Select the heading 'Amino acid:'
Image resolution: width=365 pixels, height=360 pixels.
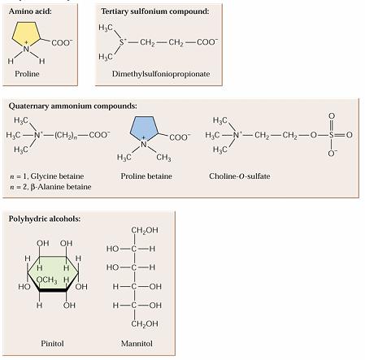coord(30,11)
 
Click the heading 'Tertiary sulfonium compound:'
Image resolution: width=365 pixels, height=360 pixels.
coord(155,11)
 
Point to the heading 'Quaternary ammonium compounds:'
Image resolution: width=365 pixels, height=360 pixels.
coord(72,106)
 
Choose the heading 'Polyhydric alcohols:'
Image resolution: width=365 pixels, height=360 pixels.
coord(45,219)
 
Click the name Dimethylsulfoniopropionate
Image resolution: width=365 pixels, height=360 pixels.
coord(161,74)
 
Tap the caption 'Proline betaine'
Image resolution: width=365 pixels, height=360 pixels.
coord(146,176)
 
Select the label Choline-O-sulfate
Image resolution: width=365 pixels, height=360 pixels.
coord(240,176)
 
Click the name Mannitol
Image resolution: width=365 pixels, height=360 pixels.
coord(137,344)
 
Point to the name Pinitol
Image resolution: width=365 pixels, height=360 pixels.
coord(52,344)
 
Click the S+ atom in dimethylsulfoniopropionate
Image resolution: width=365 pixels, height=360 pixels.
coord(123,42)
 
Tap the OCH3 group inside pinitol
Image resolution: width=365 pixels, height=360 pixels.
coord(46,280)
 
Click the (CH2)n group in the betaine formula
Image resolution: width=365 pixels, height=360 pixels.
coord(66,135)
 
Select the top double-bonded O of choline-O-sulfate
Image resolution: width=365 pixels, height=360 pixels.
coord(332,116)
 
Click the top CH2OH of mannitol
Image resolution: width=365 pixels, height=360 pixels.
coord(145,231)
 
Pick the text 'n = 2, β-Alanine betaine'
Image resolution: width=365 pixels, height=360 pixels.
coord(50,187)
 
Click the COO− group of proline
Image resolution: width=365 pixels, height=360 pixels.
coord(62,43)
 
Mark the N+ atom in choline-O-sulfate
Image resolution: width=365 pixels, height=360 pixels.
coord(237,135)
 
